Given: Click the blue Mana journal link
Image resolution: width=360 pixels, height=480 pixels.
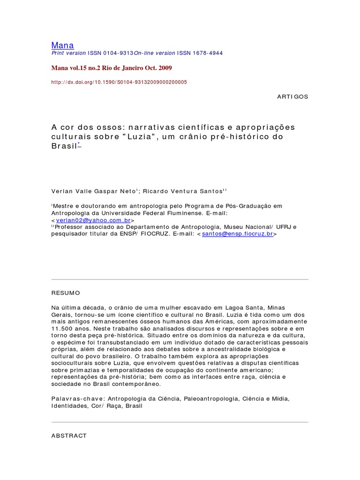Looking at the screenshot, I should (x=62, y=45).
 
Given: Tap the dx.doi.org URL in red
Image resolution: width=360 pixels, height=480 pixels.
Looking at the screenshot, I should (x=119, y=82).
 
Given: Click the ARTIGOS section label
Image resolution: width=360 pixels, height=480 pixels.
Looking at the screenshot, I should (x=292, y=96).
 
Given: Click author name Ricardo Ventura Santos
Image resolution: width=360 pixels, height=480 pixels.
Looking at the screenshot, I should (x=182, y=191).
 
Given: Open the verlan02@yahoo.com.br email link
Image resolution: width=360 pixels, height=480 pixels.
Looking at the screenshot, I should (x=93, y=220).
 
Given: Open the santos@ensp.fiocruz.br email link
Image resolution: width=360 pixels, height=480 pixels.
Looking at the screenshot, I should (x=237, y=233).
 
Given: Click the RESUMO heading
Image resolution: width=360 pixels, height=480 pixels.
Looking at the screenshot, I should (x=66, y=293).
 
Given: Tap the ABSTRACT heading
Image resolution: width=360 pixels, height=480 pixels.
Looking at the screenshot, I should (x=69, y=435).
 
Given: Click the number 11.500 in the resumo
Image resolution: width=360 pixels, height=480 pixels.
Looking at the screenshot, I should (x=64, y=329).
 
